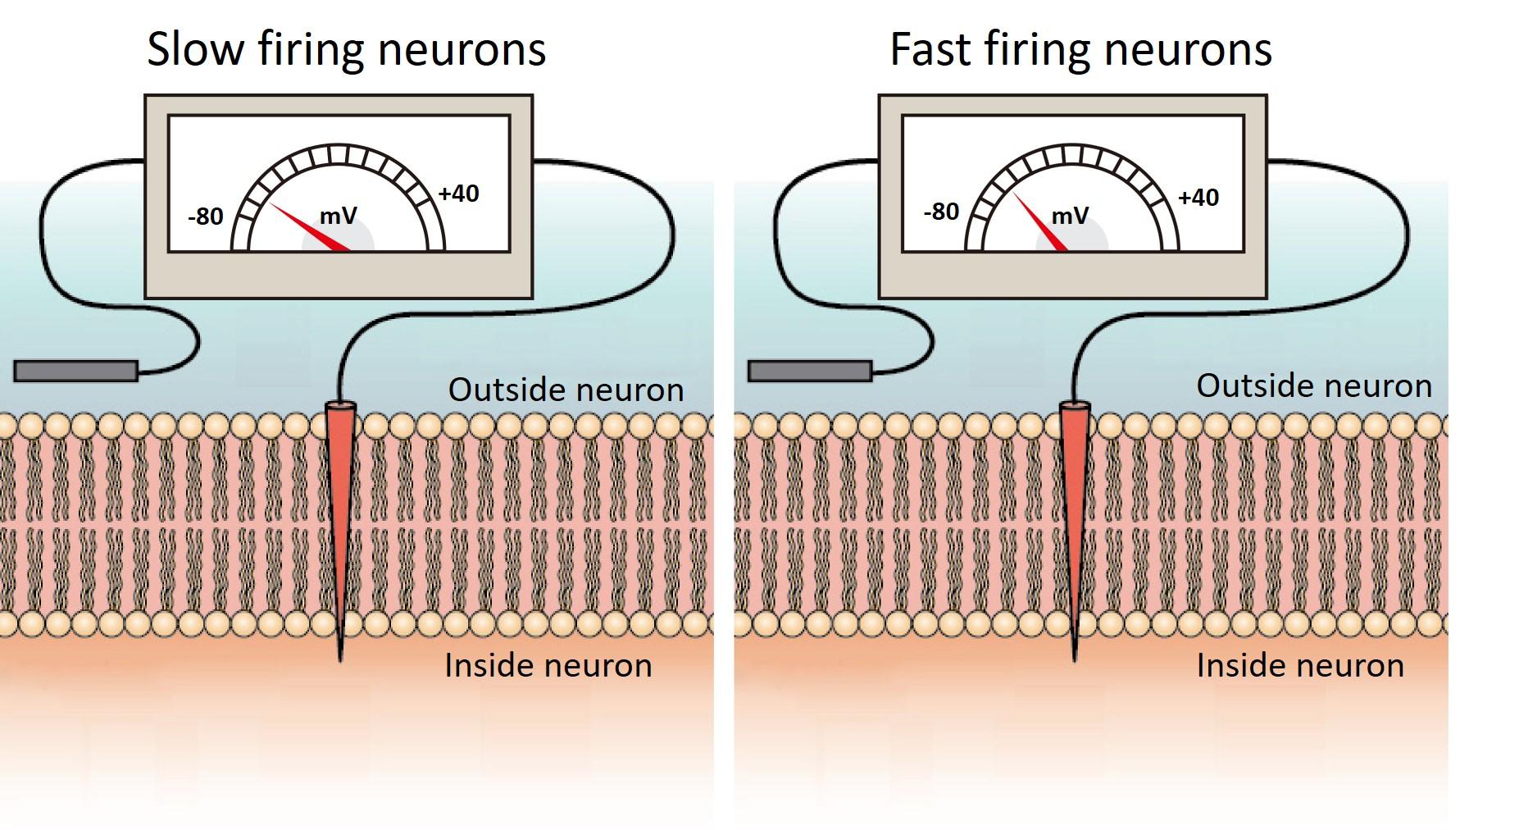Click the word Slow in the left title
195,49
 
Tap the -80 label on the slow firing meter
205,217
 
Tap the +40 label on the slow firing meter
458,194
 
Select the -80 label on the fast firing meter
940,212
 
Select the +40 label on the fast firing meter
1198,198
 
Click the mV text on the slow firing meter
338,216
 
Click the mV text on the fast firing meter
1070,216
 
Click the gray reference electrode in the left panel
75,371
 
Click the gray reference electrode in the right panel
809,371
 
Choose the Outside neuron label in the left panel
566,390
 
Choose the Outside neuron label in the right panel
1313,385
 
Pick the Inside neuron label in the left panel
548,665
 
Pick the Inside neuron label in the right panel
1299,665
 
